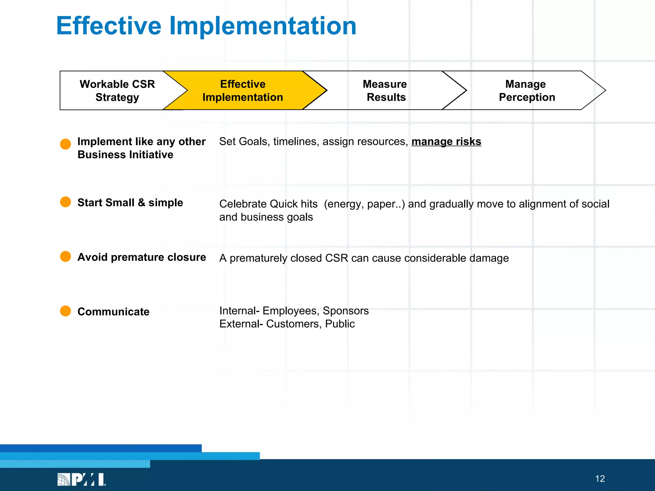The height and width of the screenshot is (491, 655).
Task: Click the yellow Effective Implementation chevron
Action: (x=243, y=90)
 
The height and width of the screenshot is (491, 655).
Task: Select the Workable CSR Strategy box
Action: (x=117, y=90)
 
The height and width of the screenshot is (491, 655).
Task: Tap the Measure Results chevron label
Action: (x=385, y=90)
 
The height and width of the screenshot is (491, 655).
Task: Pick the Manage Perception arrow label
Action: (x=526, y=90)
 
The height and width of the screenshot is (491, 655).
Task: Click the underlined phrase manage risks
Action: (x=446, y=141)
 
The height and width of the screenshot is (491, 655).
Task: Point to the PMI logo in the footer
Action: (x=82, y=479)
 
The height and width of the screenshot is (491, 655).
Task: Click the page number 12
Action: (x=600, y=479)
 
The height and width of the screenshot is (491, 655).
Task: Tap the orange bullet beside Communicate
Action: (x=66, y=311)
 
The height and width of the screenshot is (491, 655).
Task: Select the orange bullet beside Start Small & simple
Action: (x=66, y=202)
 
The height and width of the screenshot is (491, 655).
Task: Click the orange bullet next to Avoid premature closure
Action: (x=66, y=256)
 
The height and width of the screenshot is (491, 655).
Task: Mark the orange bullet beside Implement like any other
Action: (x=66, y=144)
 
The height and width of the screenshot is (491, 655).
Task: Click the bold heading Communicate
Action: (x=113, y=312)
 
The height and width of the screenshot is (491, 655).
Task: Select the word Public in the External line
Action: (x=340, y=324)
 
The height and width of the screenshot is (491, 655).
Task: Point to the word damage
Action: (x=489, y=258)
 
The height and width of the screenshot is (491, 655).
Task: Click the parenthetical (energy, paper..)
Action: (x=364, y=204)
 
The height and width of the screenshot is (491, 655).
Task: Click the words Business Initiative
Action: (x=125, y=155)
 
